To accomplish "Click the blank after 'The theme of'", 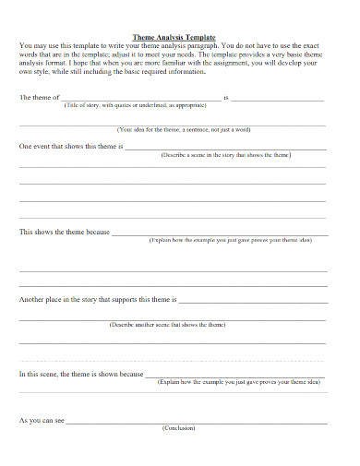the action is pos(140,98).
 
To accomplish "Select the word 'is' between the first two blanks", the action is pos(225,97).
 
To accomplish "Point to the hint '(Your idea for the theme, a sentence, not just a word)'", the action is pos(184,130).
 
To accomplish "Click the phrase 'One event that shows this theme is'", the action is pos(71,147).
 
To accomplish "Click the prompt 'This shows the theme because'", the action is pos(65,232).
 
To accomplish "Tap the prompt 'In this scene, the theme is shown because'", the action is pos(81,374).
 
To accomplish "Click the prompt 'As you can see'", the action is pos(42,421).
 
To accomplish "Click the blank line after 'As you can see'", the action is pos(196,423).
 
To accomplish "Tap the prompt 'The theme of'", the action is pos(39,97).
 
